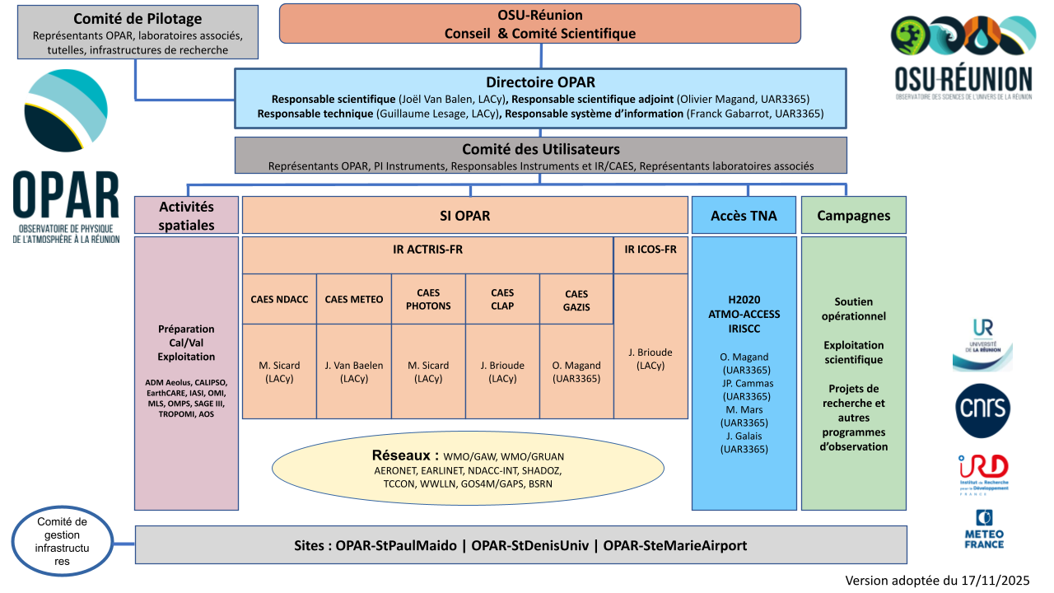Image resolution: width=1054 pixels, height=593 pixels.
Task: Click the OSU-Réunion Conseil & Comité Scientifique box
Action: click(540, 23)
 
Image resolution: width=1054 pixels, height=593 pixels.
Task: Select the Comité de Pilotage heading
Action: click(138, 19)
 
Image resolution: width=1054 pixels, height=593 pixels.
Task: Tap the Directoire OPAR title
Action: click(540, 82)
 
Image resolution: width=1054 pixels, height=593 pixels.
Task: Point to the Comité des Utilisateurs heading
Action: click(540, 149)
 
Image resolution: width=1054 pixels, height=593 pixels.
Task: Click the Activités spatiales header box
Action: click(186, 216)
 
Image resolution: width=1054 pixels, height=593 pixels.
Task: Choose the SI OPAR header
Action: click(464, 216)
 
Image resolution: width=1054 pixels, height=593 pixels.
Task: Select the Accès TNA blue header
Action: click(744, 216)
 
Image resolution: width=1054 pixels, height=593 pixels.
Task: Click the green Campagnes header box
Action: click(853, 216)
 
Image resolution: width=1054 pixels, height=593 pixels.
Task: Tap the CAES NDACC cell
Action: click(279, 299)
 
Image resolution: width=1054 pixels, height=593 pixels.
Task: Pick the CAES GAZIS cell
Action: click(576, 299)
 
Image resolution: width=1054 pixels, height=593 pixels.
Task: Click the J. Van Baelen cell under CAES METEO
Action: click(353, 371)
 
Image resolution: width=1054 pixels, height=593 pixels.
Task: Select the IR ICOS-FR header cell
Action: click(651, 249)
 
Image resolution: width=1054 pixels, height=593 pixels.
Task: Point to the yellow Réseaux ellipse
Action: click(468, 469)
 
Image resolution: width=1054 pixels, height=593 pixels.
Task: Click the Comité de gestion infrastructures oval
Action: click(63, 542)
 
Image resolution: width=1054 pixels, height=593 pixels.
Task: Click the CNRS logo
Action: click(983, 410)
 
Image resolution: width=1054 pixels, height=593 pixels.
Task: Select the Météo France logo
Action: click(983, 529)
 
